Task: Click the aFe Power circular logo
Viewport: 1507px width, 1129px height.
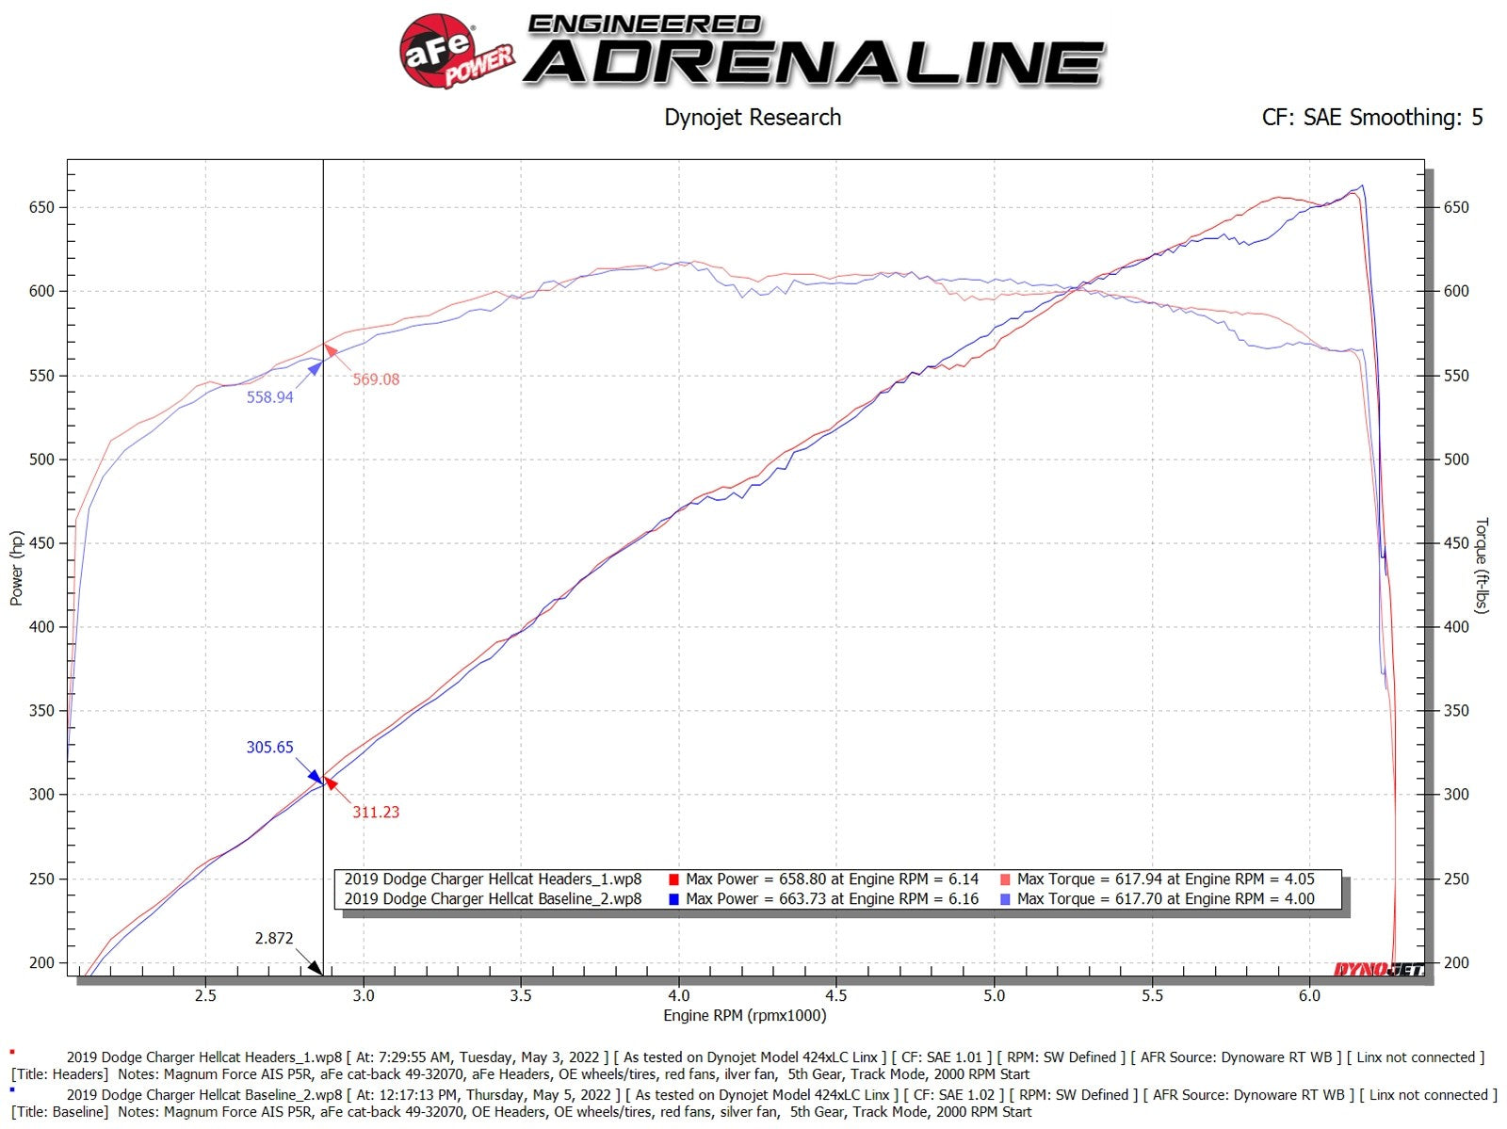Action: pyautogui.click(x=436, y=53)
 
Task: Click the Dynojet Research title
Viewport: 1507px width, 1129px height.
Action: pyautogui.click(x=753, y=118)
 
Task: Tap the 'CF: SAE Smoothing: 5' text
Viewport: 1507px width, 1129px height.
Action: pyautogui.click(x=1371, y=118)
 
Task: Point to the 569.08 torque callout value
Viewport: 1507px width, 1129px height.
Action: pyautogui.click(x=376, y=379)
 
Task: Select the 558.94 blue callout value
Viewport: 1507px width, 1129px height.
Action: pyautogui.click(x=269, y=397)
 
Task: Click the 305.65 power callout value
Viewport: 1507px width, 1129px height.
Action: pyautogui.click(x=269, y=748)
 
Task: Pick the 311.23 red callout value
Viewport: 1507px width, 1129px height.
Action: pyautogui.click(x=376, y=813)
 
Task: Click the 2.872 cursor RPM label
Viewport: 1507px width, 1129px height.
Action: pyautogui.click(x=274, y=939)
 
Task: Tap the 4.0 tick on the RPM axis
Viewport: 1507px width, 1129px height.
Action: pyautogui.click(x=678, y=995)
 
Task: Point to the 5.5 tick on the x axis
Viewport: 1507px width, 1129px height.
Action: pyautogui.click(x=1152, y=995)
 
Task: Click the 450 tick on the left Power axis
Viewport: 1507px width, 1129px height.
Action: pyautogui.click(x=41, y=543)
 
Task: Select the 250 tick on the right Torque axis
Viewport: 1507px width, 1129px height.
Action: pyautogui.click(x=1456, y=879)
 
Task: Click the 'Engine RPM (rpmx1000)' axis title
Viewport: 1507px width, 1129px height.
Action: pyautogui.click(x=744, y=1015)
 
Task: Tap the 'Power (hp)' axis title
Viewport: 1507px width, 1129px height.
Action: pyautogui.click(x=16, y=568)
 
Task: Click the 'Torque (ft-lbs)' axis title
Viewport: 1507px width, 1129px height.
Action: pyautogui.click(x=1482, y=565)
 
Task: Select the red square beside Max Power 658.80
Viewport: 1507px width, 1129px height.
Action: pyautogui.click(x=673, y=879)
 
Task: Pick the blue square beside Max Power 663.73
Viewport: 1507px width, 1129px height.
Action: pyautogui.click(x=673, y=899)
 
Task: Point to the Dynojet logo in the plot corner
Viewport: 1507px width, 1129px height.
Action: pyautogui.click(x=1378, y=969)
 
